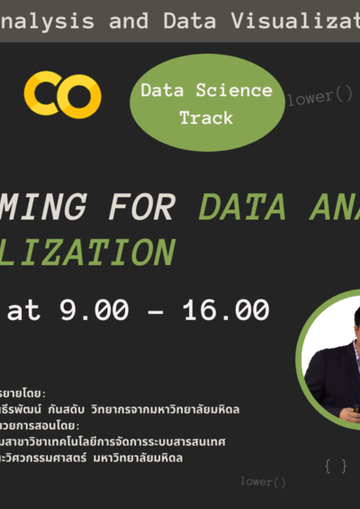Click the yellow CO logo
(63, 94)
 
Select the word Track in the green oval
(205, 118)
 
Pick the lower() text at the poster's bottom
(263, 482)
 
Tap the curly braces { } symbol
(336, 466)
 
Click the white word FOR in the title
(139, 208)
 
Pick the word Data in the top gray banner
(190, 22)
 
